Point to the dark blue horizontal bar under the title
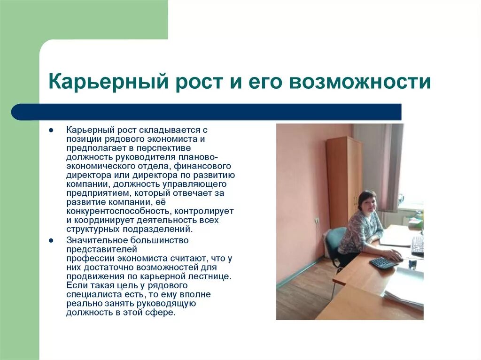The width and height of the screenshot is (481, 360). click(x=207, y=112)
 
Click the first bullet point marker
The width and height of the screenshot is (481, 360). click(x=51, y=130)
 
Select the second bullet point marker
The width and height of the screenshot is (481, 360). click(x=51, y=240)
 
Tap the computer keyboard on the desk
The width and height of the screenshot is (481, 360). click(x=417, y=245)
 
